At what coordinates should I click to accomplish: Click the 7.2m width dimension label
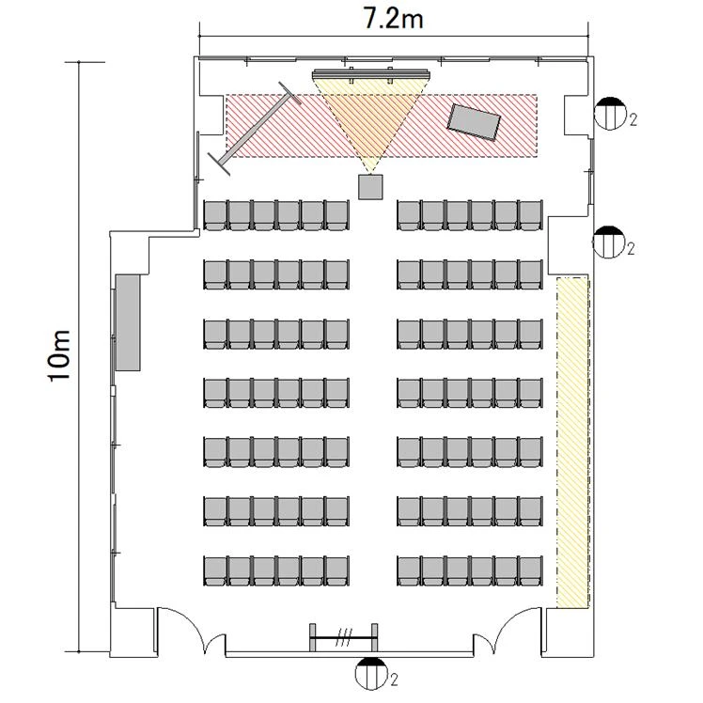click(x=393, y=20)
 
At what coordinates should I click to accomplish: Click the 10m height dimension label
click(x=59, y=355)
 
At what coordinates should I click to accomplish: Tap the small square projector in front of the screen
click(x=370, y=187)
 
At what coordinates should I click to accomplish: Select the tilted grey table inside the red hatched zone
click(x=474, y=122)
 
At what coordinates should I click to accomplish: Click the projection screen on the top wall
click(x=371, y=73)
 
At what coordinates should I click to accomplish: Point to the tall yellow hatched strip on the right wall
click(x=572, y=443)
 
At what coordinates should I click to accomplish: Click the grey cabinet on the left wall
click(x=128, y=322)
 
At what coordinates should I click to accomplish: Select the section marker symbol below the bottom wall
click(x=371, y=673)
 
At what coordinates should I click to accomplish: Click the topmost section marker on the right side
click(x=610, y=114)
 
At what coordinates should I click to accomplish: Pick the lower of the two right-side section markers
click(x=608, y=242)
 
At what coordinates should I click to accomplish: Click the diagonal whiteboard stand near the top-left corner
click(x=255, y=129)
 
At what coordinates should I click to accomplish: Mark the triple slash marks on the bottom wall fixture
click(x=344, y=637)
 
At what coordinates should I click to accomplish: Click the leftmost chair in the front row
click(x=215, y=215)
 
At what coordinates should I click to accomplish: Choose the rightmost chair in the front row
click(x=531, y=215)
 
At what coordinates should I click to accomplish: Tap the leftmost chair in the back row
click(x=215, y=570)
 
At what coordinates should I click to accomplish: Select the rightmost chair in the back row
click(x=531, y=570)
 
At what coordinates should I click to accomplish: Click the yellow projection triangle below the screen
click(x=370, y=117)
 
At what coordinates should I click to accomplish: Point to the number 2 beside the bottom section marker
click(x=394, y=680)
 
